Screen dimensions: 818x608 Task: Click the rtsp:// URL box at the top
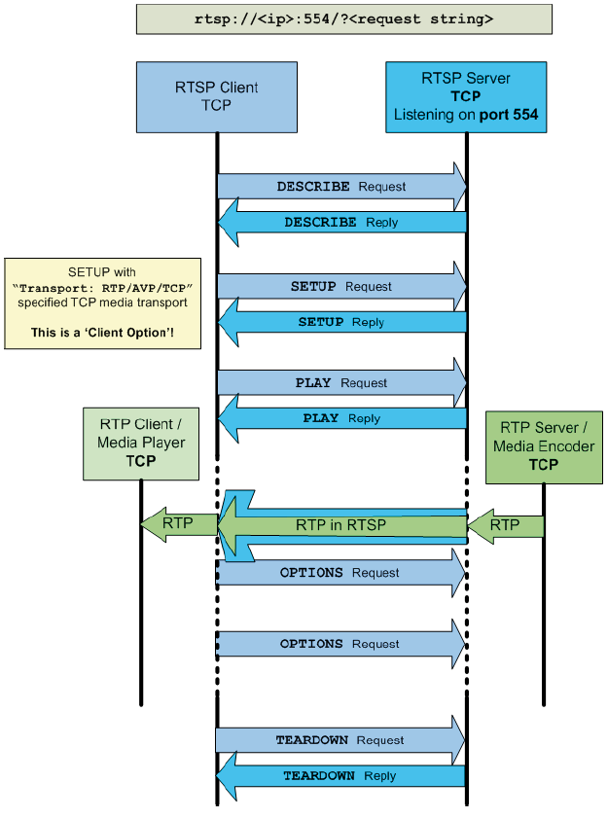click(x=343, y=18)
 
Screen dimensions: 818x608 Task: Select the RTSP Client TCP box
click(x=216, y=96)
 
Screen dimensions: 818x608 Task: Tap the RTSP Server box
click(x=466, y=96)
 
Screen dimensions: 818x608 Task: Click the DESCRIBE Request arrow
click(x=340, y=186)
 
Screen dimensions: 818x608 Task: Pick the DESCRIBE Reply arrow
click(x=340, y=223)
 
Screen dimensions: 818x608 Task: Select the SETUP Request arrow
click(x=340, y=287)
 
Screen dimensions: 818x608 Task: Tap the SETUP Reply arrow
click(x=340, y=322)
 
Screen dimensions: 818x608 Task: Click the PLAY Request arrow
click(x=340, y=383)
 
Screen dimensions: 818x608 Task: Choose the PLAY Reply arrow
click(x=340, y=418)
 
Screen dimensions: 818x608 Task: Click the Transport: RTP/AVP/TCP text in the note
click(x=103, y=288)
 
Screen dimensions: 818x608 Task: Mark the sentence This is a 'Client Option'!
click(x=102, y=333)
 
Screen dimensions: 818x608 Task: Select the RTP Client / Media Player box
click(x=141, y=444)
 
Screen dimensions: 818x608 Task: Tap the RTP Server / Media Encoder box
click(x=543, y=447)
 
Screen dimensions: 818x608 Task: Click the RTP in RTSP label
click(x=340, y=525)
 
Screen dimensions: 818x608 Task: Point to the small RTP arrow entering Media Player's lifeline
click(x=178, y=523)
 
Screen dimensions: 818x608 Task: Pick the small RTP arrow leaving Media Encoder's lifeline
click(x=504, y=525)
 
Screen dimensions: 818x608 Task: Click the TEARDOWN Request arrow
click(x=340, y=740)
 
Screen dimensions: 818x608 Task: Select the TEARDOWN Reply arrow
click(x=340, y=776)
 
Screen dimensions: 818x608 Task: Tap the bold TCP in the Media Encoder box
click(x=543, y=465)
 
